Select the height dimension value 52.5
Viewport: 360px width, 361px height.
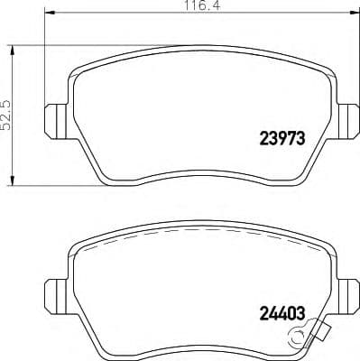(7, 115)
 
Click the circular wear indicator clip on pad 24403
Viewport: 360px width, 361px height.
(295, 339)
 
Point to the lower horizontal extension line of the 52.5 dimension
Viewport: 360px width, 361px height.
(54, 186)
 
